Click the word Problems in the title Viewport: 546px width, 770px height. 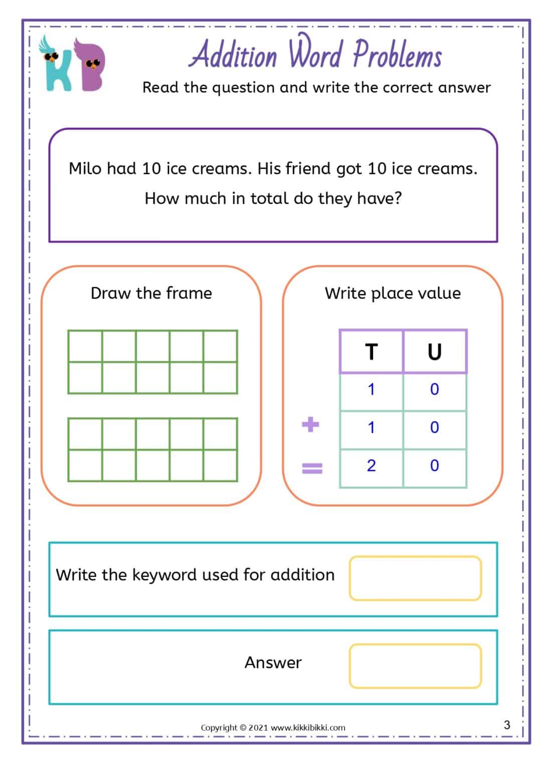pyautogui.click(x=397, y=55)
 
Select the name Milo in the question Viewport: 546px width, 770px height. pyautogui.click(x=85, y=168)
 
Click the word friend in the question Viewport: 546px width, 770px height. pyautogui.click(x=308, y=168)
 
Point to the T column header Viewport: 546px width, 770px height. pyautogui.click(x=371, y=352)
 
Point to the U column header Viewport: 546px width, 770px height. pyautogui.click(x=435, y=352)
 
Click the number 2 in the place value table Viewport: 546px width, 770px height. pyautogui.click(x=371, y=466)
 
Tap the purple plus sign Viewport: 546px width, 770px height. pyautogui.click(x=311, y=425)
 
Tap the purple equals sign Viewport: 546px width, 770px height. pyautogui.click(x=312, y=468)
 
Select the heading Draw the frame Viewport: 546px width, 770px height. pyautogui.click(x=151, y=293)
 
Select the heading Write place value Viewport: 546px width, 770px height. pyautogui.click(x=393, y=293)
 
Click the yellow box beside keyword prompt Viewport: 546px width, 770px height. pyautogui.click(x=415, y=578)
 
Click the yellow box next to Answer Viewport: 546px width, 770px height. pyautogui.click(x=415, y=666)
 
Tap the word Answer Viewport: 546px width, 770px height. pyautogui.click(x=273, y=663)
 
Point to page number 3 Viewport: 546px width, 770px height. pyautogui.click(x=507, y=724)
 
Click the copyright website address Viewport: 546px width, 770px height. pyautogui.click(x=308, y=727)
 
